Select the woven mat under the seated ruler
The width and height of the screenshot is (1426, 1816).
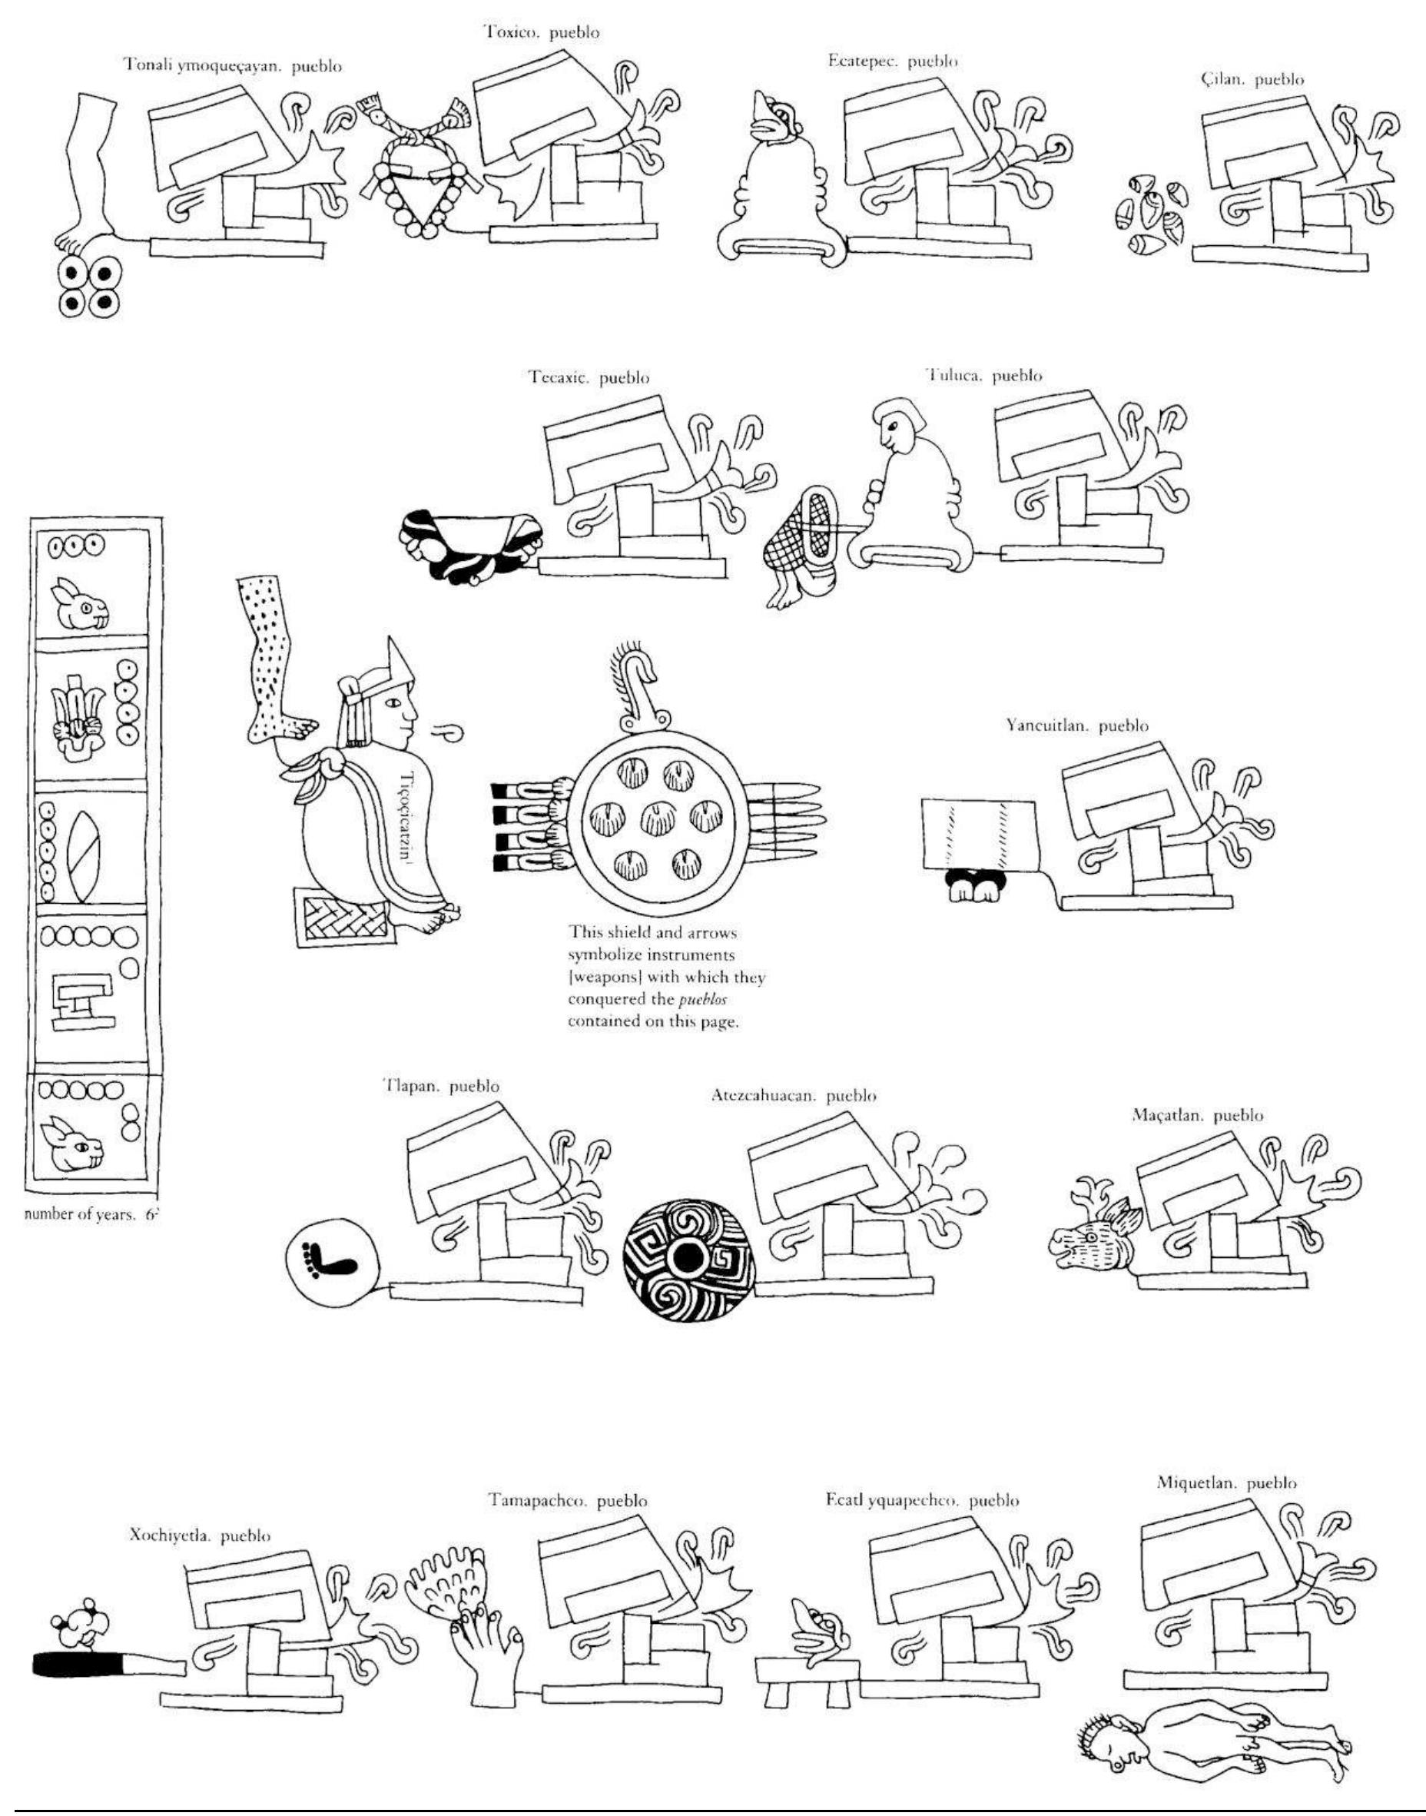pyautogui.click(x=345, y=917)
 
